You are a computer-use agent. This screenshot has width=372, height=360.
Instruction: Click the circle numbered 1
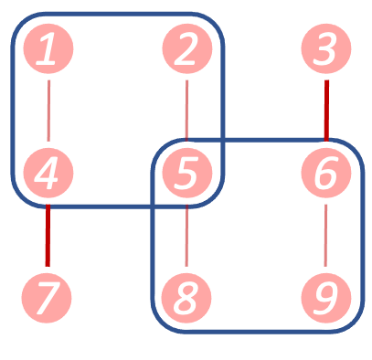48,49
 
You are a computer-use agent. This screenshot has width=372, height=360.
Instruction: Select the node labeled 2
186,49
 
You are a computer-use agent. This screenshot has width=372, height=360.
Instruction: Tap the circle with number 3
326,49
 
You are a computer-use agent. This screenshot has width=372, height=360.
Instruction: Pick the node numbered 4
48,174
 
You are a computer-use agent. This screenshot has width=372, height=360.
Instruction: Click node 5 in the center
186,174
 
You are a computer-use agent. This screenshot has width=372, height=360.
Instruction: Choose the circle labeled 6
326,174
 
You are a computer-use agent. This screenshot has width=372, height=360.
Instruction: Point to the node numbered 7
48,298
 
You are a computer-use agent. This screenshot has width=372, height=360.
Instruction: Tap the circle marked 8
186,298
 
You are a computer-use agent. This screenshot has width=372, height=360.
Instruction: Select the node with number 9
326,298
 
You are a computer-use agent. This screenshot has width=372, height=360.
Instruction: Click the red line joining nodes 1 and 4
48,111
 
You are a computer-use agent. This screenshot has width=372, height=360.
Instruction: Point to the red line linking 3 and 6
326,111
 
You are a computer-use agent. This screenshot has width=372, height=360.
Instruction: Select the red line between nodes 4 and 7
48,236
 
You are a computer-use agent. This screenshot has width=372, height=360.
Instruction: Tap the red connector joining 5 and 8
186,236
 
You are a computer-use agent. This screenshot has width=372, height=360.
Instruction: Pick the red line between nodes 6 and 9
326,236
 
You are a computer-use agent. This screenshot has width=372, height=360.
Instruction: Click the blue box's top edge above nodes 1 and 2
117,15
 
